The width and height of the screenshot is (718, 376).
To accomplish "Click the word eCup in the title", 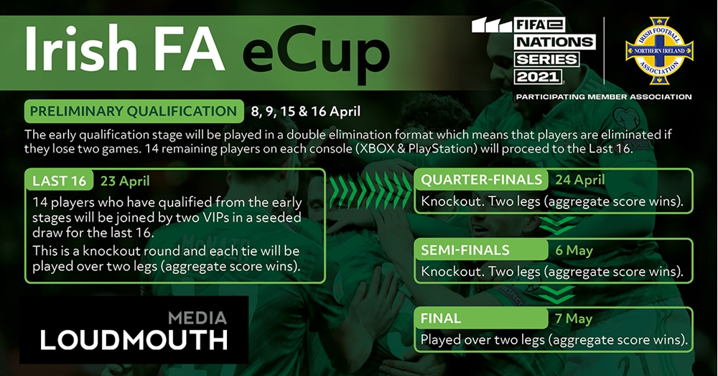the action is pos(315,53).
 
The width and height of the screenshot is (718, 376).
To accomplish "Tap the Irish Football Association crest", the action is pos(659,51).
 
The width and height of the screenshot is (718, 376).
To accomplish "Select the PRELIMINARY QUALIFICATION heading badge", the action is pos(134,111).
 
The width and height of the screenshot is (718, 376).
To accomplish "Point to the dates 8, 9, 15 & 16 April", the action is pos(306,111).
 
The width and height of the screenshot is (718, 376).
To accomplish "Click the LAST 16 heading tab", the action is pos(60,180).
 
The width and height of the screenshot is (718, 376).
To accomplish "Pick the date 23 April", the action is pos(125,180).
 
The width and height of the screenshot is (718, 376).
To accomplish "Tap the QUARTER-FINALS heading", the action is pos(481,180).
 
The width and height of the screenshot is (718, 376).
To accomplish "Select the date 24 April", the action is pos(580,180).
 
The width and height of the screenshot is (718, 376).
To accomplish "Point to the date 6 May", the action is pos(574,250).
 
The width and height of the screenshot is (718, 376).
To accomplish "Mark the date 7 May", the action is pos(574,318).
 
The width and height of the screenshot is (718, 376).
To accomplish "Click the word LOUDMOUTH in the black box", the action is pos(134,340).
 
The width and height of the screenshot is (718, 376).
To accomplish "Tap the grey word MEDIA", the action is pos(197,318).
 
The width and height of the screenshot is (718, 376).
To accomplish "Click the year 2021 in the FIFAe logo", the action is pos(538,77).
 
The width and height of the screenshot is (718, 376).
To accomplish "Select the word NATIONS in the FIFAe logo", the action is pos(554,42).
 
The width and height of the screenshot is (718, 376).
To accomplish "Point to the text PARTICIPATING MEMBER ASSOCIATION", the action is pos(604,97).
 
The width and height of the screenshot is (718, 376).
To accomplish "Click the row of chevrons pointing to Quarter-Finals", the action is pos(370,189).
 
